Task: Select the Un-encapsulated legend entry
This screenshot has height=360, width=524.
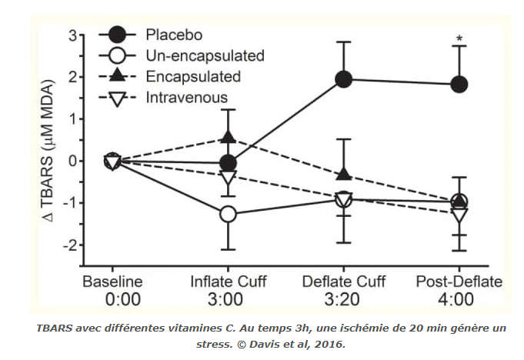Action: [203, 55]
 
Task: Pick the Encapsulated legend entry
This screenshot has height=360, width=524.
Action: [192, 76]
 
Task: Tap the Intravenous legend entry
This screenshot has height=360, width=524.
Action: [185, 97]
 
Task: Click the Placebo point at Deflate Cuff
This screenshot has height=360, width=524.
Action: [344, 79]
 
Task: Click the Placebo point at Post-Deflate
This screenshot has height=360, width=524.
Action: [459, 84]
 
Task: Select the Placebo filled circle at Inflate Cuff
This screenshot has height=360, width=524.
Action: [228, 163]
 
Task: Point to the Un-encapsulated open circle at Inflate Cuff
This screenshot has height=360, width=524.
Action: [228, 214]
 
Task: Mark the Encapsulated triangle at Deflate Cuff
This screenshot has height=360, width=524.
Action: [344, 175]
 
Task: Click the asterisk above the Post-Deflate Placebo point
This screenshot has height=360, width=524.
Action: [459, 38]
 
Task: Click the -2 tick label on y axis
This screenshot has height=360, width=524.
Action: [71, 245]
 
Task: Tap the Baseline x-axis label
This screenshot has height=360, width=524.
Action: [112, 282]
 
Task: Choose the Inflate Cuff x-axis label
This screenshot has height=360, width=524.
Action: [228, 282]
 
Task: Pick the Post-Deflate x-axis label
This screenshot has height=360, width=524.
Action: [459, 282]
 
